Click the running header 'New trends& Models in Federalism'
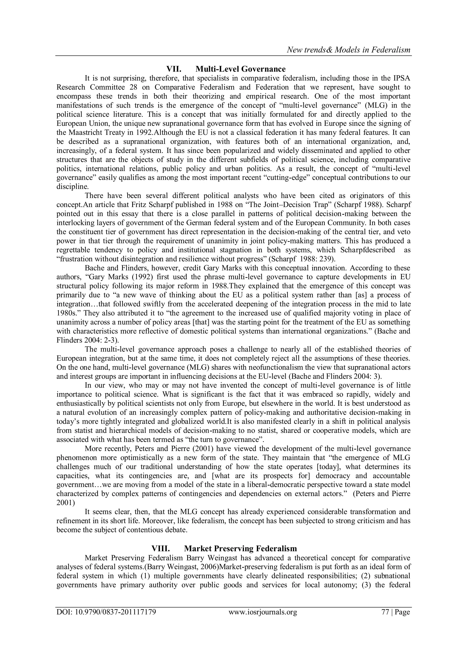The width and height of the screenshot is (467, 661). pyautogui.click(x=348, y=50)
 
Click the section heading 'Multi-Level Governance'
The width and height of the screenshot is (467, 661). pyautogui.click(x=240, y=69)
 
